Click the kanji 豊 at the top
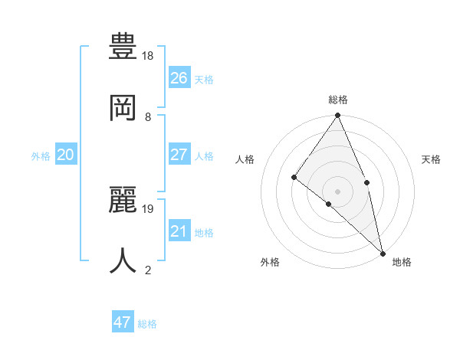(x=124, y=47)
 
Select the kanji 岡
(x=124, y=107)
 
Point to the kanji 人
(x=124, y=260)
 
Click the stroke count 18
(x=148, y=56)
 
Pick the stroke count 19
(x=148, y=208)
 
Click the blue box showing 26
(x=179, y=78)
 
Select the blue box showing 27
(x=179, y=155)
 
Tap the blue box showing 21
(x=179, y=231)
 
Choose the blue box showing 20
(x=65, y=155)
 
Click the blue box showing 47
(x=123, y=322)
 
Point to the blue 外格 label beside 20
(x=41, y=156)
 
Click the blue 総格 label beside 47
(x=147, y=324)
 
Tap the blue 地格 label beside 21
(x=204, y=233)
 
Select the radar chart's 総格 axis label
(x=338, y=100)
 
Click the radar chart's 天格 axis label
(x=431, y=159)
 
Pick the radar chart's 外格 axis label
(x=270, y=262)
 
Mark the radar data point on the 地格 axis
(x=383, y=252)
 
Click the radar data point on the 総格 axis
(x=337, y=116)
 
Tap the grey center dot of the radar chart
(x=337, y=191)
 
